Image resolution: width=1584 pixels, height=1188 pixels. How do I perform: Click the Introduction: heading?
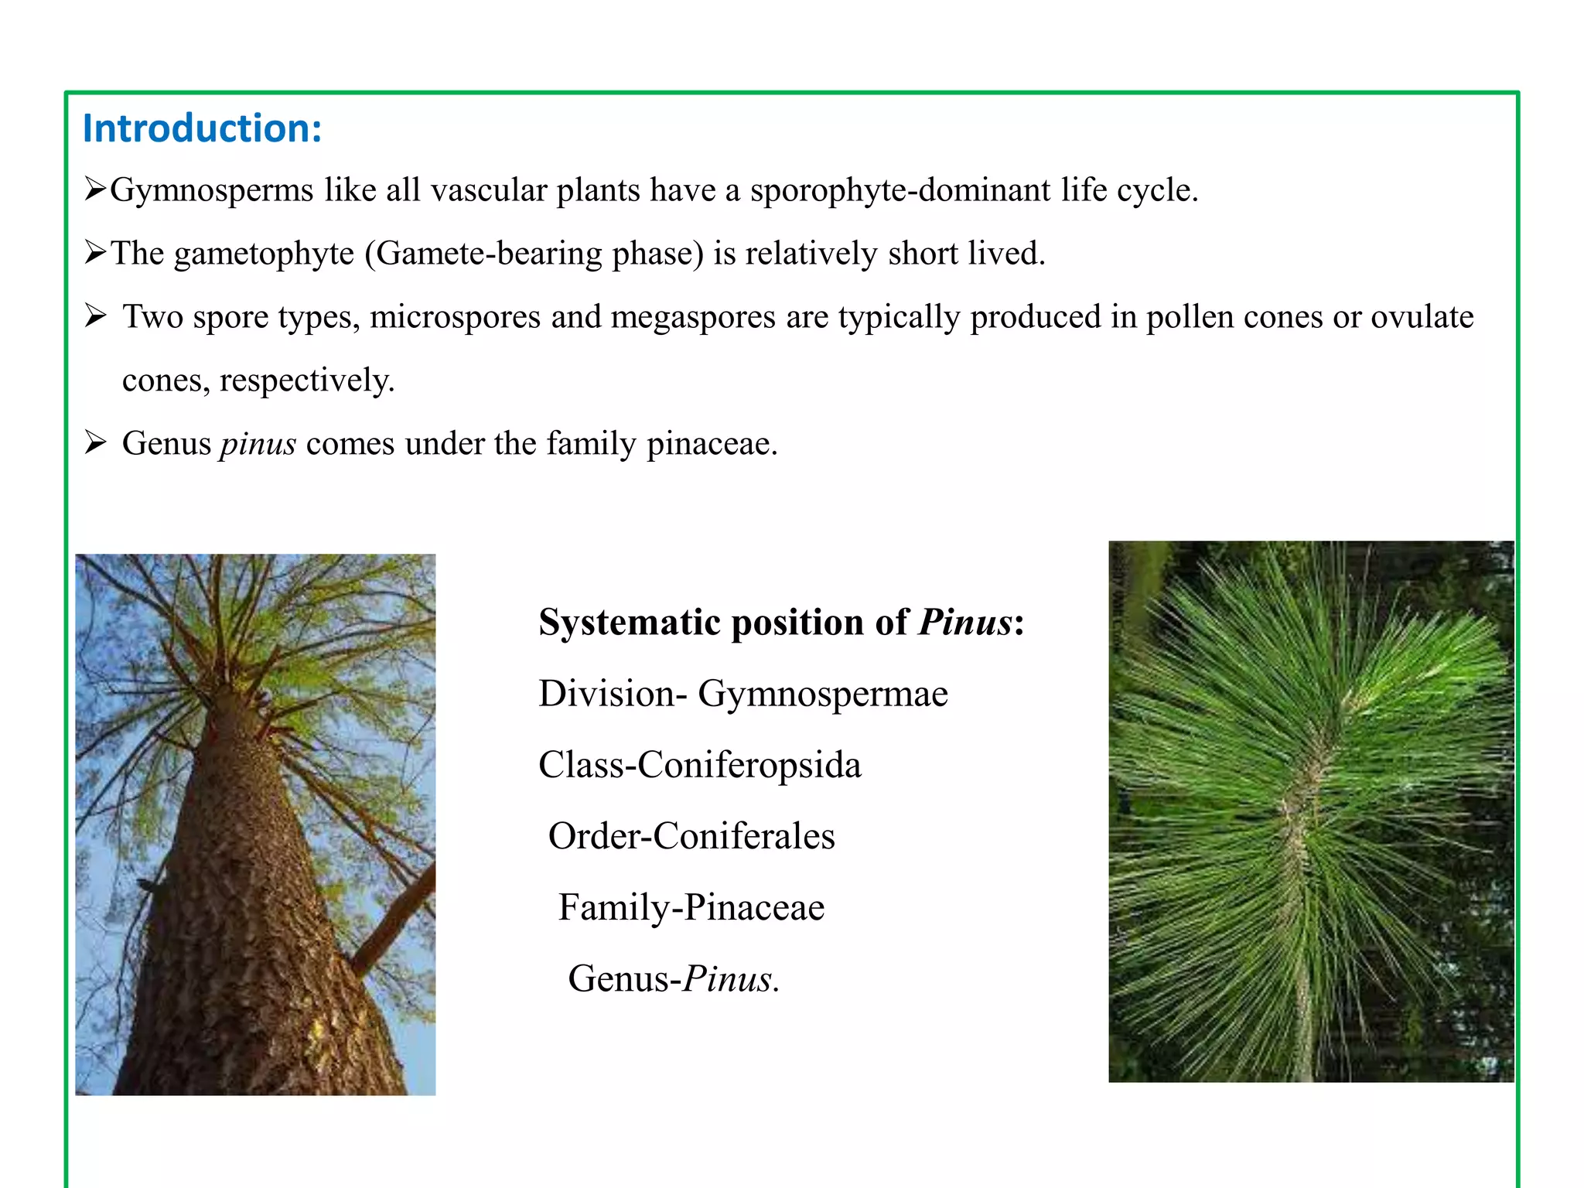coord(202,128)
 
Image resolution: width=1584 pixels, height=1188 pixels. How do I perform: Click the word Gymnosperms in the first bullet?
coord(211,191)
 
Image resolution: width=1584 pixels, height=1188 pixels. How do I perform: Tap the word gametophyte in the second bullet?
coord(264,254)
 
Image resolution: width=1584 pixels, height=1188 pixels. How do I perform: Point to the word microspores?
coord(455,318)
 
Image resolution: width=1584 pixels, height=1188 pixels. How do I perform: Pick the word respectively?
coord(306,381)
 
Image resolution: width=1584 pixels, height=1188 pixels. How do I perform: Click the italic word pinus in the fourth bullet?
coord(258,445)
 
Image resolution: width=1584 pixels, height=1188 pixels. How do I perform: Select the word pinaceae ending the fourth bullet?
coord(711,445)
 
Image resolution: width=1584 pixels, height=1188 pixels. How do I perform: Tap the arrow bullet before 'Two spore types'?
coord(96,316)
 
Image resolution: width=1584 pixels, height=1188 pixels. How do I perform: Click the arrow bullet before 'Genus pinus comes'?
coord(96,442)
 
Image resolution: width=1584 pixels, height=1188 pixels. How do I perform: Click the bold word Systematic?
coord(630,623)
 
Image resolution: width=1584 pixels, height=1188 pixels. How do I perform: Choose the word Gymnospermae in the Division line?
coord(822,694)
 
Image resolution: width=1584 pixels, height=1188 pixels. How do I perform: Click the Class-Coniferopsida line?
coord(699,765)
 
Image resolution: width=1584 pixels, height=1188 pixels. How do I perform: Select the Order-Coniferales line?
coord(691,836)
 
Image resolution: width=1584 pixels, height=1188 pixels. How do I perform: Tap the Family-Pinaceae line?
coord(691,907)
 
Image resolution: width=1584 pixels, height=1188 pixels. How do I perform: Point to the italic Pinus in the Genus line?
coord(729,979)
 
